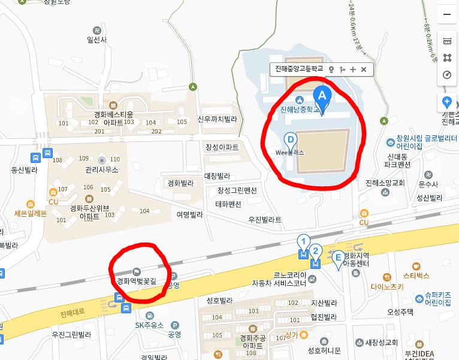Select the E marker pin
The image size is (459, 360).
tap(339, 258)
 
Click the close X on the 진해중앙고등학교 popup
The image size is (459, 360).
tap(364, 69)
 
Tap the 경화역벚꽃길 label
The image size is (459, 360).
tap(136, 280)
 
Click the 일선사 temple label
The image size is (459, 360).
tap(96, 40)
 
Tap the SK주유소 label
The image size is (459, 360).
tap(149, 325)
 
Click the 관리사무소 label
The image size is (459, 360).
tap(102, 170)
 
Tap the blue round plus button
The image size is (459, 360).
tap(447, 102)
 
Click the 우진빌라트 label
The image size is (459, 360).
tap(265, 220)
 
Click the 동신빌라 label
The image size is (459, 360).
tap(24, 170)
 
